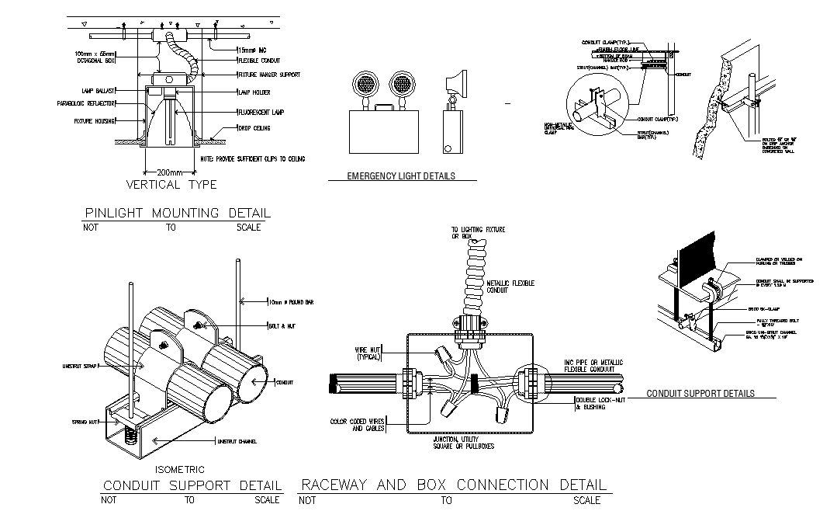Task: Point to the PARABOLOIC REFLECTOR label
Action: pos(86,103)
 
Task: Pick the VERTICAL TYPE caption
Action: pos(171,185)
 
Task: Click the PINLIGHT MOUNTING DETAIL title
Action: pos(177,213)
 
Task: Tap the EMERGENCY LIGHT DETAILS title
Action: pos(401,176)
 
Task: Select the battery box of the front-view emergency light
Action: pos(379,130)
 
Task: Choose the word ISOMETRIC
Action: pos(179,470)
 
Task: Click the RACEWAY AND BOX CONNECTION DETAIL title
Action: pos(455,485)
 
